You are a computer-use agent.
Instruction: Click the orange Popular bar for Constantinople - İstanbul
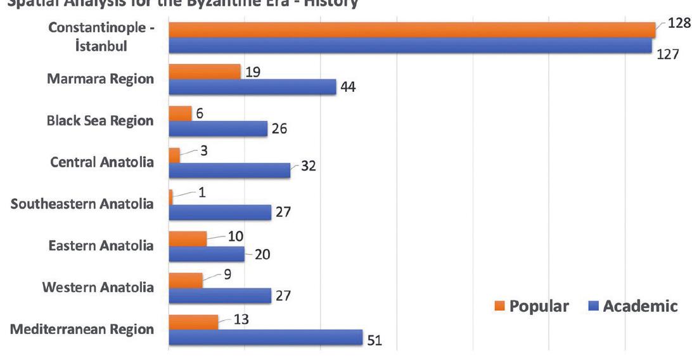tap(412, 30)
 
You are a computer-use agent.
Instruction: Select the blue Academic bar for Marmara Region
tap(252, 87)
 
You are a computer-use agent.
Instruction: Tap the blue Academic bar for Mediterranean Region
tap(266, 337)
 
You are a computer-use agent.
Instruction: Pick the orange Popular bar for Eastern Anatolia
tap(188, 238)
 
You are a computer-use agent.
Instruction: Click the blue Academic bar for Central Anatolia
tap(229, 170)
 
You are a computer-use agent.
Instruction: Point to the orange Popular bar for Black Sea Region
tap(180, 113)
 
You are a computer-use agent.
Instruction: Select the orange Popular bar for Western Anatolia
tap(186, 280)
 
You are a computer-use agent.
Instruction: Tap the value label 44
tap(347, 87)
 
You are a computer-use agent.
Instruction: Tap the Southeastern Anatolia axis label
tap(82, 204)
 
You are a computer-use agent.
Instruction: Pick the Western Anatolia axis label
tap(98, 288)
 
